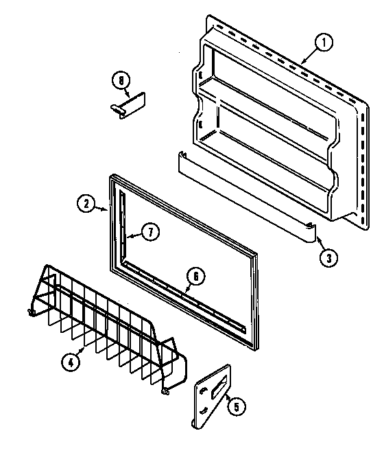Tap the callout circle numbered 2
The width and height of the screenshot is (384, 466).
click(x=84, y=202)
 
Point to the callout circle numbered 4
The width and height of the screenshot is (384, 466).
click(x=69, y=362)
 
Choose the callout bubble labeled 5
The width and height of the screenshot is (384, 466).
click(x=235, y=406)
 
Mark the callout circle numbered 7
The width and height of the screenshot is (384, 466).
click(x=152, y=231)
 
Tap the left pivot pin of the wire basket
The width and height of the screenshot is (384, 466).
click(x=31, y=314)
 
